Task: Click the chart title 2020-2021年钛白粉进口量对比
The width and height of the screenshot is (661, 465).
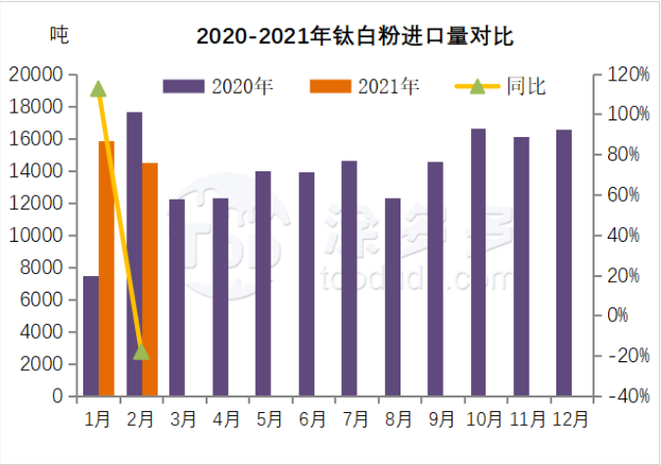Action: coord(354,36)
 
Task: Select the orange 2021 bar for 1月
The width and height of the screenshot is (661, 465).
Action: coord(107,269)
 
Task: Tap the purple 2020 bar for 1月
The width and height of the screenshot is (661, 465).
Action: coord(91,336)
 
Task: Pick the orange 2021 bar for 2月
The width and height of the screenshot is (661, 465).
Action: coord(150,279)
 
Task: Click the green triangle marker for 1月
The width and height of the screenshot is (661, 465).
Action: coord(98,89)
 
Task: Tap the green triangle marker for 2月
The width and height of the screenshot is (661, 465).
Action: coord(141,350)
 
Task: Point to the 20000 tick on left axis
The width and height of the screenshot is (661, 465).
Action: coord(36,74)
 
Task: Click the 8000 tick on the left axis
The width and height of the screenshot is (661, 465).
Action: coord(41,267)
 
